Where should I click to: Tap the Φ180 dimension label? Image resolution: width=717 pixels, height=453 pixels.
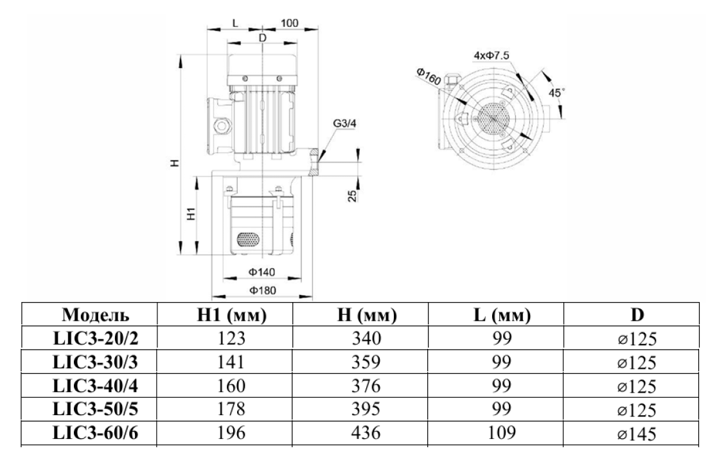coord(262,290)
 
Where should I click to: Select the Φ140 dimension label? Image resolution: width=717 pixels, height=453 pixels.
coord(262,271)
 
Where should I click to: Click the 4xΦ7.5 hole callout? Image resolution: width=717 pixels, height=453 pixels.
coord(491,55)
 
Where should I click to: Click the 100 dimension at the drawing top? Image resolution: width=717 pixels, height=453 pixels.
coord(290,23)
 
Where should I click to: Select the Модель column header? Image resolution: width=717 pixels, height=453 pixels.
coord(94,315)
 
